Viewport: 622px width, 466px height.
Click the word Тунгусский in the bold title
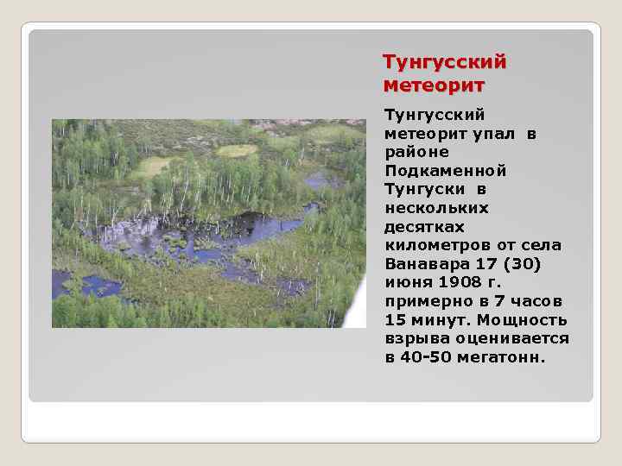[444, 63]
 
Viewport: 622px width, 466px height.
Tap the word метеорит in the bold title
[434, 85]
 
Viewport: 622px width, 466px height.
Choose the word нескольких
[437, 207]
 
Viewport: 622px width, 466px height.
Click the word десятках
[424, 226]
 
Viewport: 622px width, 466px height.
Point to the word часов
[539, 301]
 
